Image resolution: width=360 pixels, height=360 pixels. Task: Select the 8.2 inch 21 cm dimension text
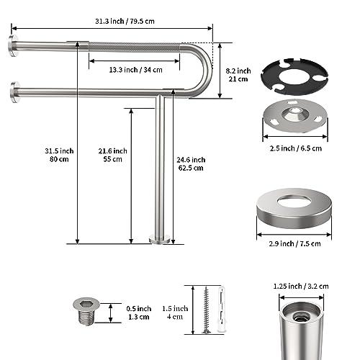[238, 75]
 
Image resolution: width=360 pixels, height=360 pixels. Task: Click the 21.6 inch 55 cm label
[113, 154]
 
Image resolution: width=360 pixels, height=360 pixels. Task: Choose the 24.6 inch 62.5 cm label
[191, 163]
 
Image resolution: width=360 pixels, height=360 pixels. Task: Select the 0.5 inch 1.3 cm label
[138, 312]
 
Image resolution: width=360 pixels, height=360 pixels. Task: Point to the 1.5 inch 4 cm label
[175, 312]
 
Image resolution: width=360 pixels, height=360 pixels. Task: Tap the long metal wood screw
[207, 310]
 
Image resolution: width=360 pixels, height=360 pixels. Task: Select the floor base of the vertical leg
[160, 238]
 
